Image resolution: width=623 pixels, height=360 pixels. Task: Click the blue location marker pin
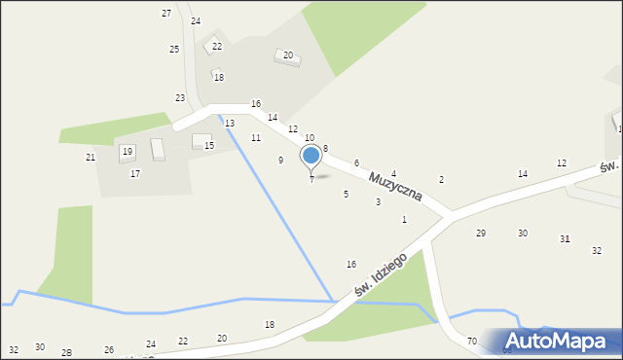(311, 157)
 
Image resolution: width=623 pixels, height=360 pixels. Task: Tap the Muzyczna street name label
(395, 182)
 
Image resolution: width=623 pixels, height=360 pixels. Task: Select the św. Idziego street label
(379, 275)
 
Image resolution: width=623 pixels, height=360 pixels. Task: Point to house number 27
(166, 13)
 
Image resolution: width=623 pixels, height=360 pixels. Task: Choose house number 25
(174, 49)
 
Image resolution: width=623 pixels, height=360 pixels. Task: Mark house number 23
(180, 97)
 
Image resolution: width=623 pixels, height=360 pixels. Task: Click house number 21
(91, 157)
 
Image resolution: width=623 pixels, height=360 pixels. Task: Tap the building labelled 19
(128, 152)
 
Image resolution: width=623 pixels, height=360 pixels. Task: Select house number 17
(135, 173)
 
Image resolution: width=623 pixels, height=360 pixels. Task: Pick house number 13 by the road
(230, 124)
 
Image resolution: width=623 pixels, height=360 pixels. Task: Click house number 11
(256, 138)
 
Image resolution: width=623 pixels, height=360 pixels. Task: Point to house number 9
(281, 160)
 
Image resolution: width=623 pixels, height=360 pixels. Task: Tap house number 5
(346, 195)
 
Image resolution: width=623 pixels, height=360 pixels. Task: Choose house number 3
(379, 202)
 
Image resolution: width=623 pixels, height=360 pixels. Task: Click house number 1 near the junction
(404, 220)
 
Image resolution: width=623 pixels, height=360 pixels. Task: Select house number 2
(441, 180)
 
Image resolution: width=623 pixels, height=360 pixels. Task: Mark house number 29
(480, 233)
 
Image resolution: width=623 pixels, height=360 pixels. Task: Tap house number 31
(565, 239)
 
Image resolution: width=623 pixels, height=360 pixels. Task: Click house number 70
(472, 341)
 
